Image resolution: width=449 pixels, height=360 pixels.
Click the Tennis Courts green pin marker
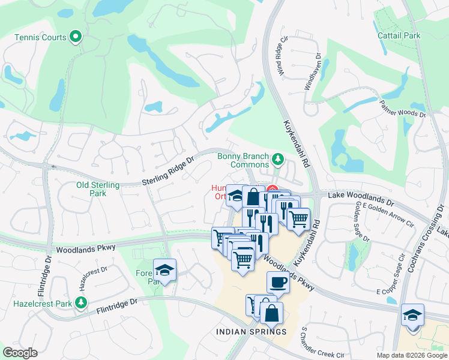(76, 38)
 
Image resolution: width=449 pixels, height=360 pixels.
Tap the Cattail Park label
(399, 35)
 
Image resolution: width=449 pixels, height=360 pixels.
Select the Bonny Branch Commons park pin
(277, 159)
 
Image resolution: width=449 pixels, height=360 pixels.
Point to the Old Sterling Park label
(98, 189)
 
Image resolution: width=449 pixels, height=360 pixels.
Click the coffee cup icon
(278, 281)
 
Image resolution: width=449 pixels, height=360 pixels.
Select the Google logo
(20, 353)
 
